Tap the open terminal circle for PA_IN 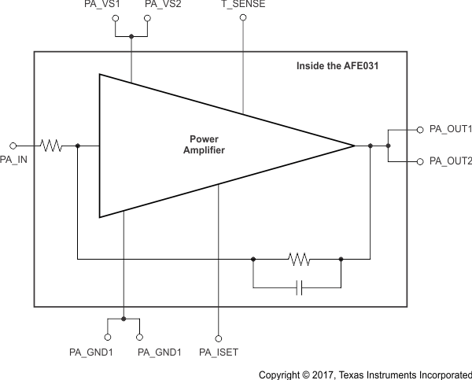click(x=13, y=146)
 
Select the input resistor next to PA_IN click(x=52, y=146)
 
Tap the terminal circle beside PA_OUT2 click(x=419, y=161)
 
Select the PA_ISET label click(x=219, y=351)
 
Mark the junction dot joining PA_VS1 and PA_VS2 click(x=131, y=35)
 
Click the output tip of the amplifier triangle click(x=353, y=146)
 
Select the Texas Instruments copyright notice click(x=365, y=374)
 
